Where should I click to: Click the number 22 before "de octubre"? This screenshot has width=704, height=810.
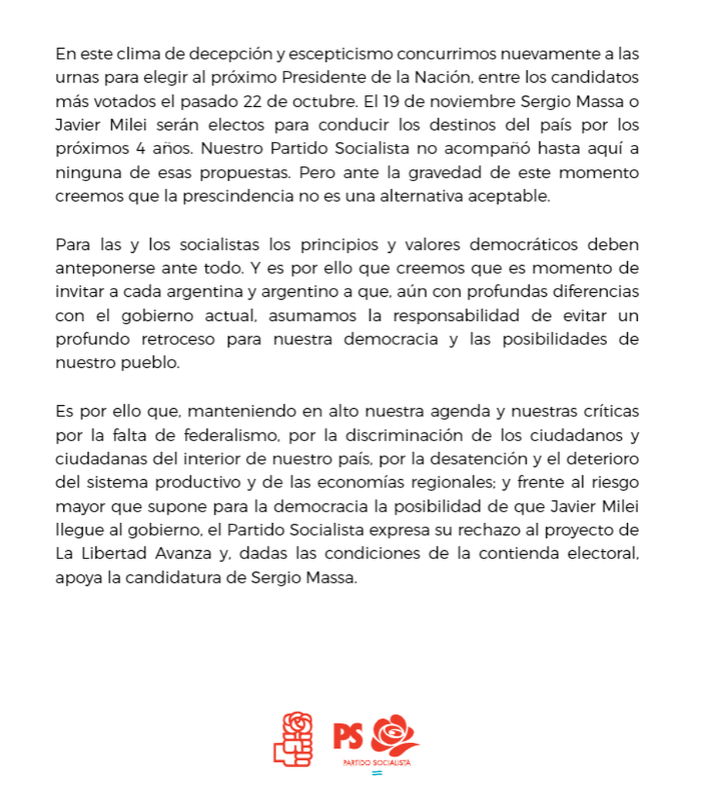(252, 101)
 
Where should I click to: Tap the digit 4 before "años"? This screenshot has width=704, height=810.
(140, 148)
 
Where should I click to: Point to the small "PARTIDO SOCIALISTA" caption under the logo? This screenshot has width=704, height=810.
(377, 763)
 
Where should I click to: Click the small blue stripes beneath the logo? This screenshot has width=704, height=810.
(377, 773)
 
